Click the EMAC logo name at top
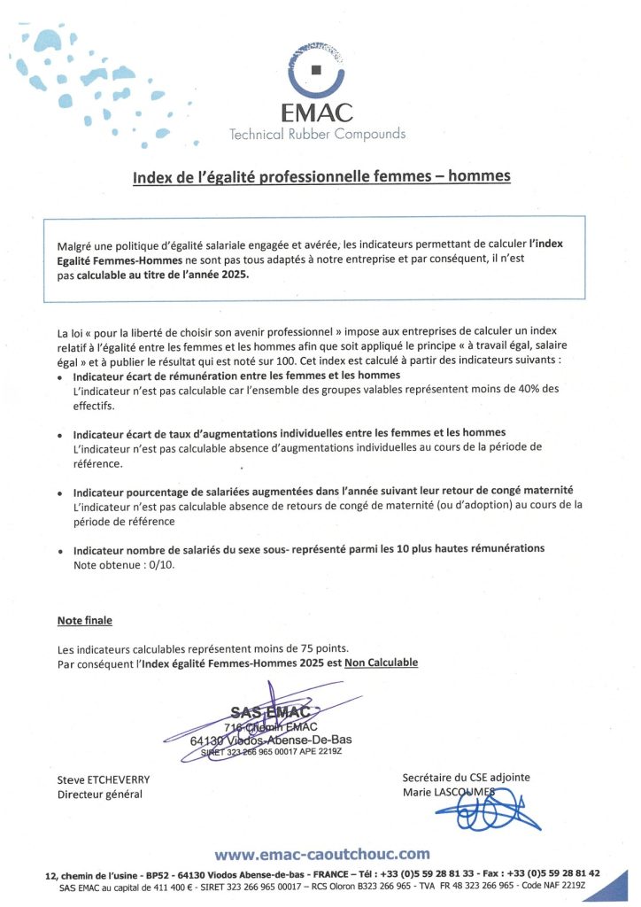(x=316, y=112)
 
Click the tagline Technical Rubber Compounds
(x=317, y=135)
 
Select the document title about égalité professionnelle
(x=321, y=176)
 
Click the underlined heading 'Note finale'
(x=85, y=621)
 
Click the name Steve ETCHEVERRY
(x=104, y=779)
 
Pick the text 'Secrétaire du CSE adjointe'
(x=466, y=777)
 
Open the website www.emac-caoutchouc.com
(x=321, y=854)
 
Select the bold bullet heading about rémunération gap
(x=236, y=376)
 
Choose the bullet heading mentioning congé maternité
(x=323, y=490)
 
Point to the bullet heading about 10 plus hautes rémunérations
(x=309, y=549)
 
